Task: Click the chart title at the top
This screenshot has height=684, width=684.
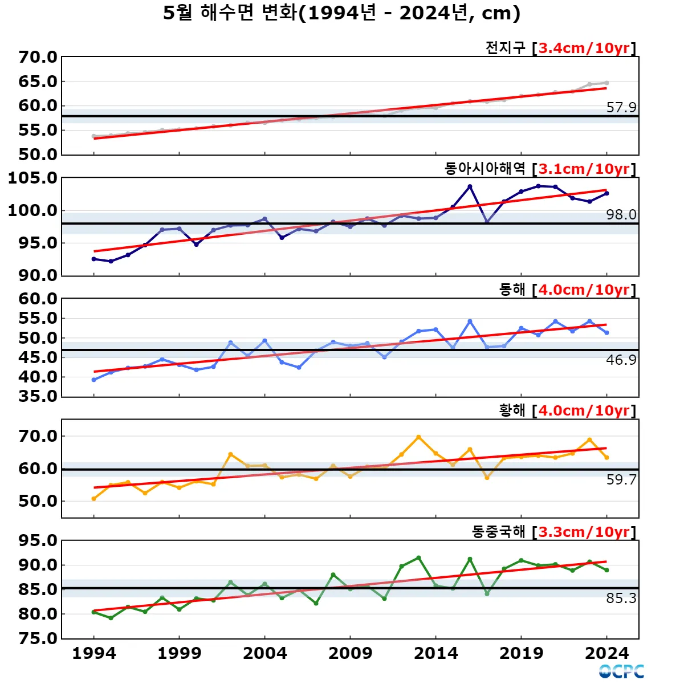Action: pyautogui.click(x=342, y=13)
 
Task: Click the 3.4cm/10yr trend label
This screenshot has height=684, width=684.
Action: pyautogui.click(x=584, y=48)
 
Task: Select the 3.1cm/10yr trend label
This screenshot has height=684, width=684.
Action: pyautogui.click(x=584, y=169)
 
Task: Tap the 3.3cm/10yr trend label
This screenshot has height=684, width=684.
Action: pyautogui.click(x=584, y=532)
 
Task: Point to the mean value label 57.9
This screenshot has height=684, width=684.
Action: pyautogui.click(x=621, y=107)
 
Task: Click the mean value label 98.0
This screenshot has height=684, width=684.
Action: pyautogui.click(x=621, y=214)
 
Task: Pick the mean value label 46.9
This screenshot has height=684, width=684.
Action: pyautogui.click(x=621, y=360)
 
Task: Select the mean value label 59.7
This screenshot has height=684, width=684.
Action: pyautogui.click(x=621, y=479)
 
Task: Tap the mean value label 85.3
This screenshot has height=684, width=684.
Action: pyautogui.click(x=621, y=598)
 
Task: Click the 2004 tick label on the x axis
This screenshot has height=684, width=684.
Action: pyautogui.click(x=265, y=653)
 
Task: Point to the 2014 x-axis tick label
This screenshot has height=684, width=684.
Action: pyautogui.click(x=436, y=653)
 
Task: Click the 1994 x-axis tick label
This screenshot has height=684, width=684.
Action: pyautogui.click(x=94, y=653)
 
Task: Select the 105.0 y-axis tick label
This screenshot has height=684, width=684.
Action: pyautogui.click(x=32, y=178)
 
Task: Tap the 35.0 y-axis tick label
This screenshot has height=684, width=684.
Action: pyautogui.click(x=38, y=396)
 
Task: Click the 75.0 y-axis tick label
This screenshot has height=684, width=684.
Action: pyautogui.click(x=38, y=638)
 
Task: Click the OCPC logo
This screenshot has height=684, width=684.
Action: pyautogui.click(x=621, y=671)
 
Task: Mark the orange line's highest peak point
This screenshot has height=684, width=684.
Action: pyautogui.click(x=418, y=437)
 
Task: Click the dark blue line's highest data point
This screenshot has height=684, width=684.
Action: pyautogui.click(x=470, y=186)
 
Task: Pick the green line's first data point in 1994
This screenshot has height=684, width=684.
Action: pyautogui.click(x=93, y=612)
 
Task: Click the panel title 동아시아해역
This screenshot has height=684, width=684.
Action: pyautogui.click(x=484, y=169)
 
